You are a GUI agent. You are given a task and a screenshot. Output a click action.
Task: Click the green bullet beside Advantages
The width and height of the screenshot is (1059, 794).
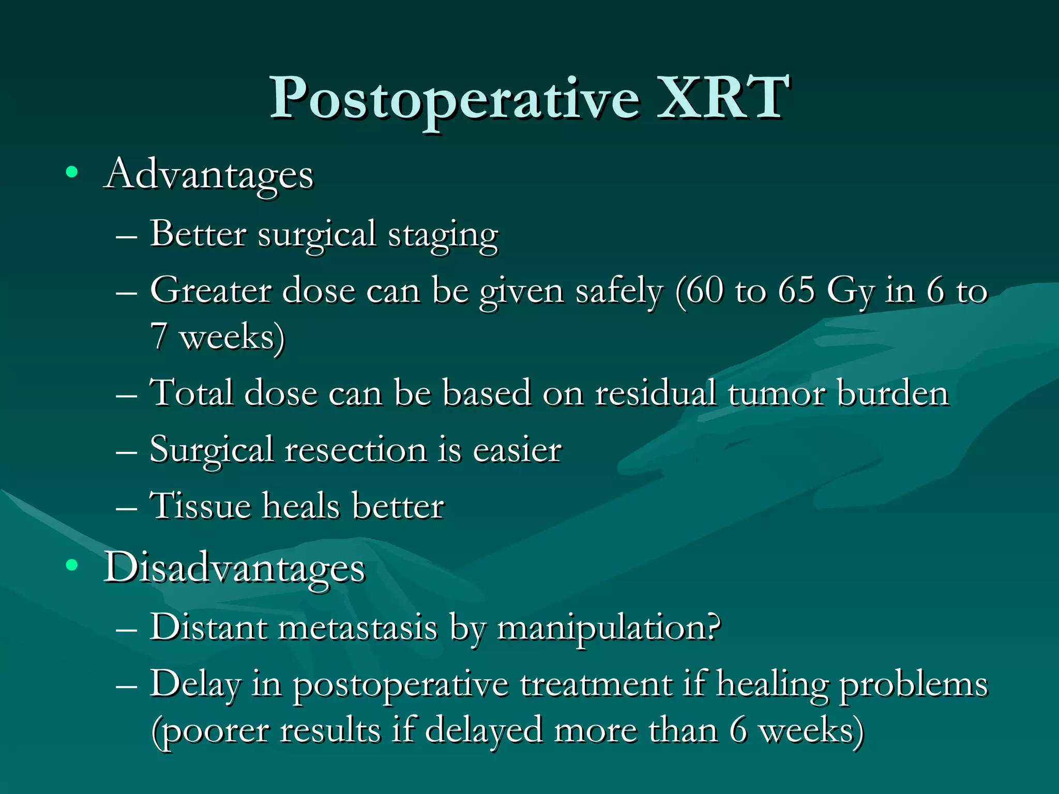(72, 172)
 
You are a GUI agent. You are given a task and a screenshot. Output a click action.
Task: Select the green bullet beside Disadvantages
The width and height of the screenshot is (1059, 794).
(72, 566)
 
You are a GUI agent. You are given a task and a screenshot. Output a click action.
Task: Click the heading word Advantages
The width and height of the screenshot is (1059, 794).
(209, 175)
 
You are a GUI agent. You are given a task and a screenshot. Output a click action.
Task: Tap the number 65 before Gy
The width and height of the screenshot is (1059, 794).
(796, 291)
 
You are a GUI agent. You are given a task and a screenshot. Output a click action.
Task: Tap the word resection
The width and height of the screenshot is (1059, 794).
(356, 449)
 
